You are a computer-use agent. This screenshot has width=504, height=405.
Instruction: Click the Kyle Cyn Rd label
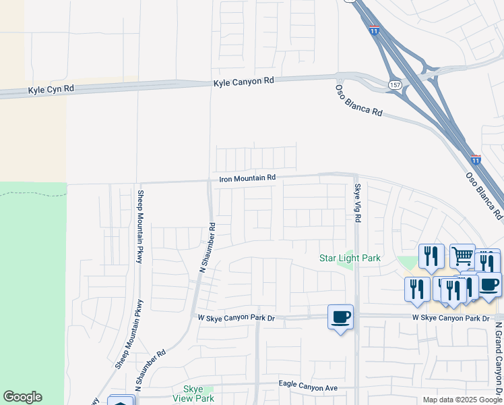(51, 89)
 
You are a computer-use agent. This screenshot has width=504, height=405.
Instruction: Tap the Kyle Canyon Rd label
(244, 81)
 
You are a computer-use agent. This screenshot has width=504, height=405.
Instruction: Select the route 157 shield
(396, 84)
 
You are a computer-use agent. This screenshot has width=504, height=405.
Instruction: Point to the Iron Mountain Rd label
(247, 178)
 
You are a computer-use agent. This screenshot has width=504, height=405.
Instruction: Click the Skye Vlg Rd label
(357, 202)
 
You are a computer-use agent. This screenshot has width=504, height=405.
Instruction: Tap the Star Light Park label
(350, 258)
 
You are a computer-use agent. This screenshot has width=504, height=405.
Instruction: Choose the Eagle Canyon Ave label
(308, 385)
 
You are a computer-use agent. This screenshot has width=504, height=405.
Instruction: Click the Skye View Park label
(198, 394)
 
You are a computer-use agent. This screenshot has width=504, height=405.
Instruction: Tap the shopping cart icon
(462, 256)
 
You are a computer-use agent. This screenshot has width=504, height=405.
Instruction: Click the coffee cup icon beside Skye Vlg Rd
(340, 317)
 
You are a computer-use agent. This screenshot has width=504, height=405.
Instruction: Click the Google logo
(22, 397)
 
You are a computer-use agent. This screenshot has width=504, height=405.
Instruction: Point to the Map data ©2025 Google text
(462, 400)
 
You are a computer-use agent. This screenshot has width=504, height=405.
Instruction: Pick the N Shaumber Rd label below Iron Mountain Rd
(208, 248)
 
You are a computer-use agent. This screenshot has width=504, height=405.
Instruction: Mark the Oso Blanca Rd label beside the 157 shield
(359, 100)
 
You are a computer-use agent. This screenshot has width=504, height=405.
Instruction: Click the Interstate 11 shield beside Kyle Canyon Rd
(375, 30)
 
